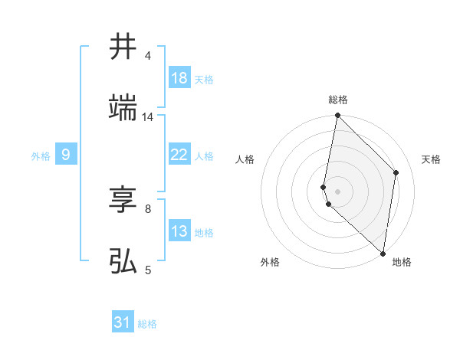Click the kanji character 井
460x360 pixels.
point(123,47)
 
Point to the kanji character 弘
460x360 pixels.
point(123,261)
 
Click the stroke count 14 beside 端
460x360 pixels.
point(148,117)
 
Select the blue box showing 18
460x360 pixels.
point(179,78)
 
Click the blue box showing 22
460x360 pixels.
point(179,155)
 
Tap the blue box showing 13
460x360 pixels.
point(179,231)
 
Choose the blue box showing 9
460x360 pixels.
point(66,155)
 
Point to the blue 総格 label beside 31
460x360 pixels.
point(147,324)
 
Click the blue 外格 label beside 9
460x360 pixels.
point(41,156)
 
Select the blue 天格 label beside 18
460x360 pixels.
point(204,80)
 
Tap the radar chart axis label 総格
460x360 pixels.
point(338,100)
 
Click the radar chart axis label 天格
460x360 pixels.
point(431,159)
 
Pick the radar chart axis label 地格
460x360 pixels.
point(402,262)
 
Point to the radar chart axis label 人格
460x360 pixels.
point(245,159)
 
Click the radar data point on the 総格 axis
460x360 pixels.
point(337,116)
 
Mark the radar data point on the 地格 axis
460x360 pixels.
point(383,253)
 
